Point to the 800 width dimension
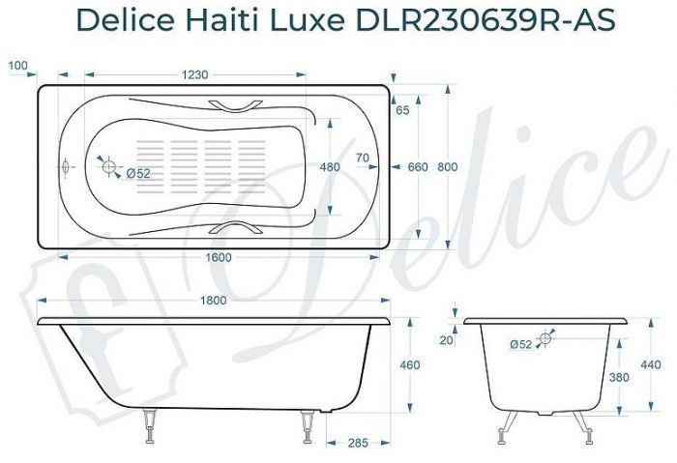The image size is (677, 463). (447, 167)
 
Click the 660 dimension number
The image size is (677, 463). (417, 167)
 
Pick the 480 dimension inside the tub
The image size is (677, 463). (329, 167)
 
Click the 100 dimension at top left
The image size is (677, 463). (16, 66)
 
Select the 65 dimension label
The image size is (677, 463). (403, 110)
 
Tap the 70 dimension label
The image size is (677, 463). (363, 158)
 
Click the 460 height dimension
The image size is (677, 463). (409, 364)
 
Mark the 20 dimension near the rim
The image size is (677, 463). (446, 338)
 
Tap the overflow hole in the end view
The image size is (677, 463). (546, 336)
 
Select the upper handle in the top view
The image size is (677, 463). (237, 103)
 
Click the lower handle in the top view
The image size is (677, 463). (237, 230)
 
